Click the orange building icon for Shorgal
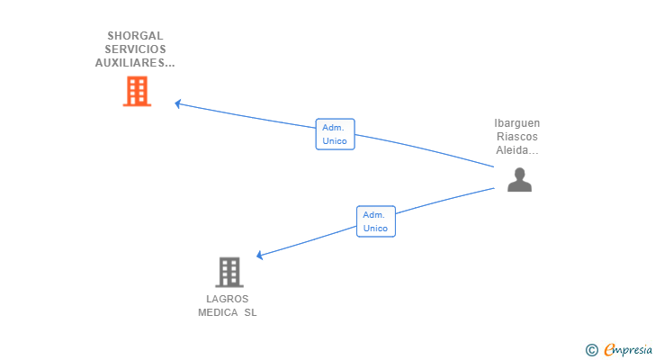(137, 91)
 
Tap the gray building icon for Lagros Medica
(229, 272)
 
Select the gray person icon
(519, 180)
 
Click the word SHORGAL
(135, 36)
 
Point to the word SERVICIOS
(135, 49)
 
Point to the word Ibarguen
(517, 123)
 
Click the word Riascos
(517, 137)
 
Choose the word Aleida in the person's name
(515, 150)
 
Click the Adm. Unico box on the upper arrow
(335, 134)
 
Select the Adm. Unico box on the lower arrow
(375, 221)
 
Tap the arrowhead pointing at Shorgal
(178, 103)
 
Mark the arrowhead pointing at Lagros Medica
(260, 256)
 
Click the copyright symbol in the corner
(591, 349)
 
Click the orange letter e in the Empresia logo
(609, 349)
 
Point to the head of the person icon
(519, 173)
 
